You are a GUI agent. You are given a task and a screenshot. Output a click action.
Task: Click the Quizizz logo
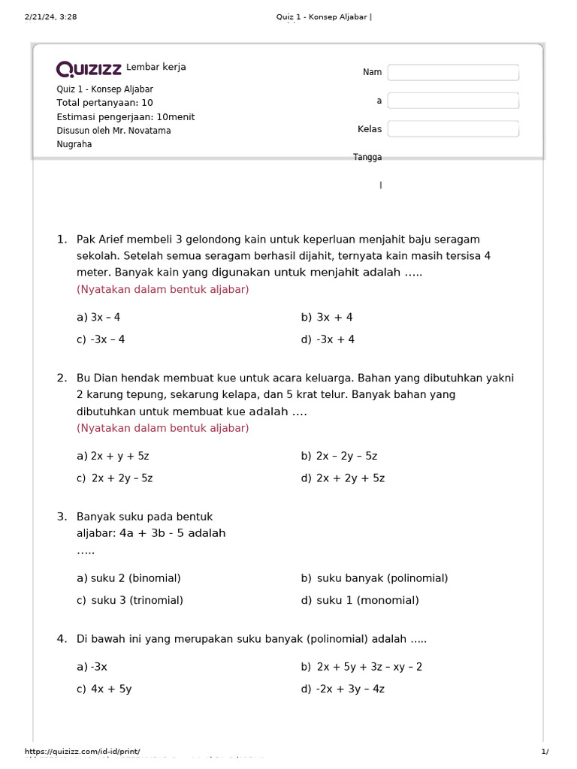89,70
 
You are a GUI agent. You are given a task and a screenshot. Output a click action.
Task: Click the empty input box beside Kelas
453,129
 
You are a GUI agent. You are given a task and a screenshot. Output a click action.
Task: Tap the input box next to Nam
453,72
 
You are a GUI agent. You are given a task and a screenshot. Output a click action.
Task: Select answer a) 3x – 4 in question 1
98,318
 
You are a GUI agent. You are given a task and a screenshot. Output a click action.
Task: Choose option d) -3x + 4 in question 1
328,339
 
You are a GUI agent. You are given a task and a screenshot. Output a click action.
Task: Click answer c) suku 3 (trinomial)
130,600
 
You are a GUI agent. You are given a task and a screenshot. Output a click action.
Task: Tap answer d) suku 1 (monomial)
360,600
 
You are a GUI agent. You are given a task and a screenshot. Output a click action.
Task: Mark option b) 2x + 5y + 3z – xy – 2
361,667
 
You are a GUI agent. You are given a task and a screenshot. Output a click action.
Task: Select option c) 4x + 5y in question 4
104,689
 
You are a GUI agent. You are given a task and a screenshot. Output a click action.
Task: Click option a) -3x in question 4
92,667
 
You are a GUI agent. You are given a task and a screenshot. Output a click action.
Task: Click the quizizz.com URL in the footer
83,752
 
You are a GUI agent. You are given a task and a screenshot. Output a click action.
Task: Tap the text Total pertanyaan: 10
104,103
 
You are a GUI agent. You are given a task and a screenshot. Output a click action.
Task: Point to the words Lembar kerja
156,68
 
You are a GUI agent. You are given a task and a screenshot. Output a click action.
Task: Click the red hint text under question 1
163,289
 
